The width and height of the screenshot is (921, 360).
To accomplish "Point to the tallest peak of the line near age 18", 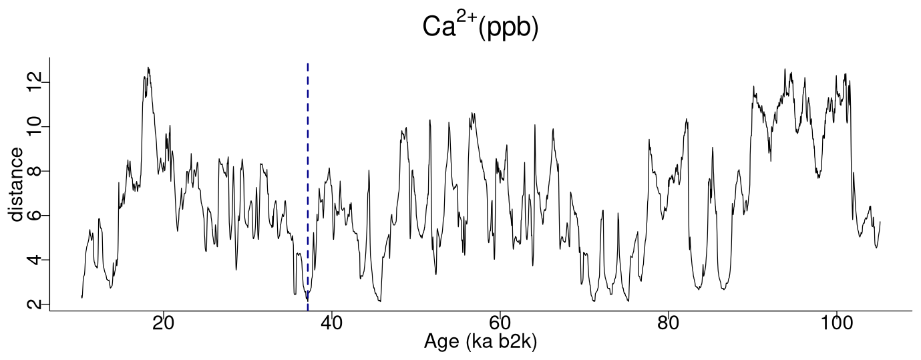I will [x=148, y=67].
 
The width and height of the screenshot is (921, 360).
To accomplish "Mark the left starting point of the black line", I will [x=81, y=297].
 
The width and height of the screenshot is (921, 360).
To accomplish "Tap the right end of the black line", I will [x=880, y=222].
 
